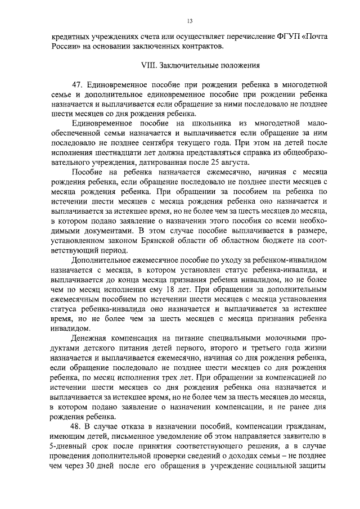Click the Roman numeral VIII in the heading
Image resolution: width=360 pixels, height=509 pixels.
[147, 65]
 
